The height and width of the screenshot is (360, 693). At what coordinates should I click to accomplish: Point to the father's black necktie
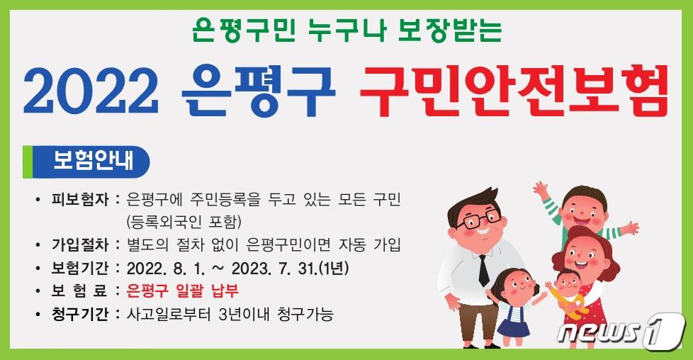pos(483,270)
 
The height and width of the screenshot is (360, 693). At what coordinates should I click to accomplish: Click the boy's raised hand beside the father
pos(541,189)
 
